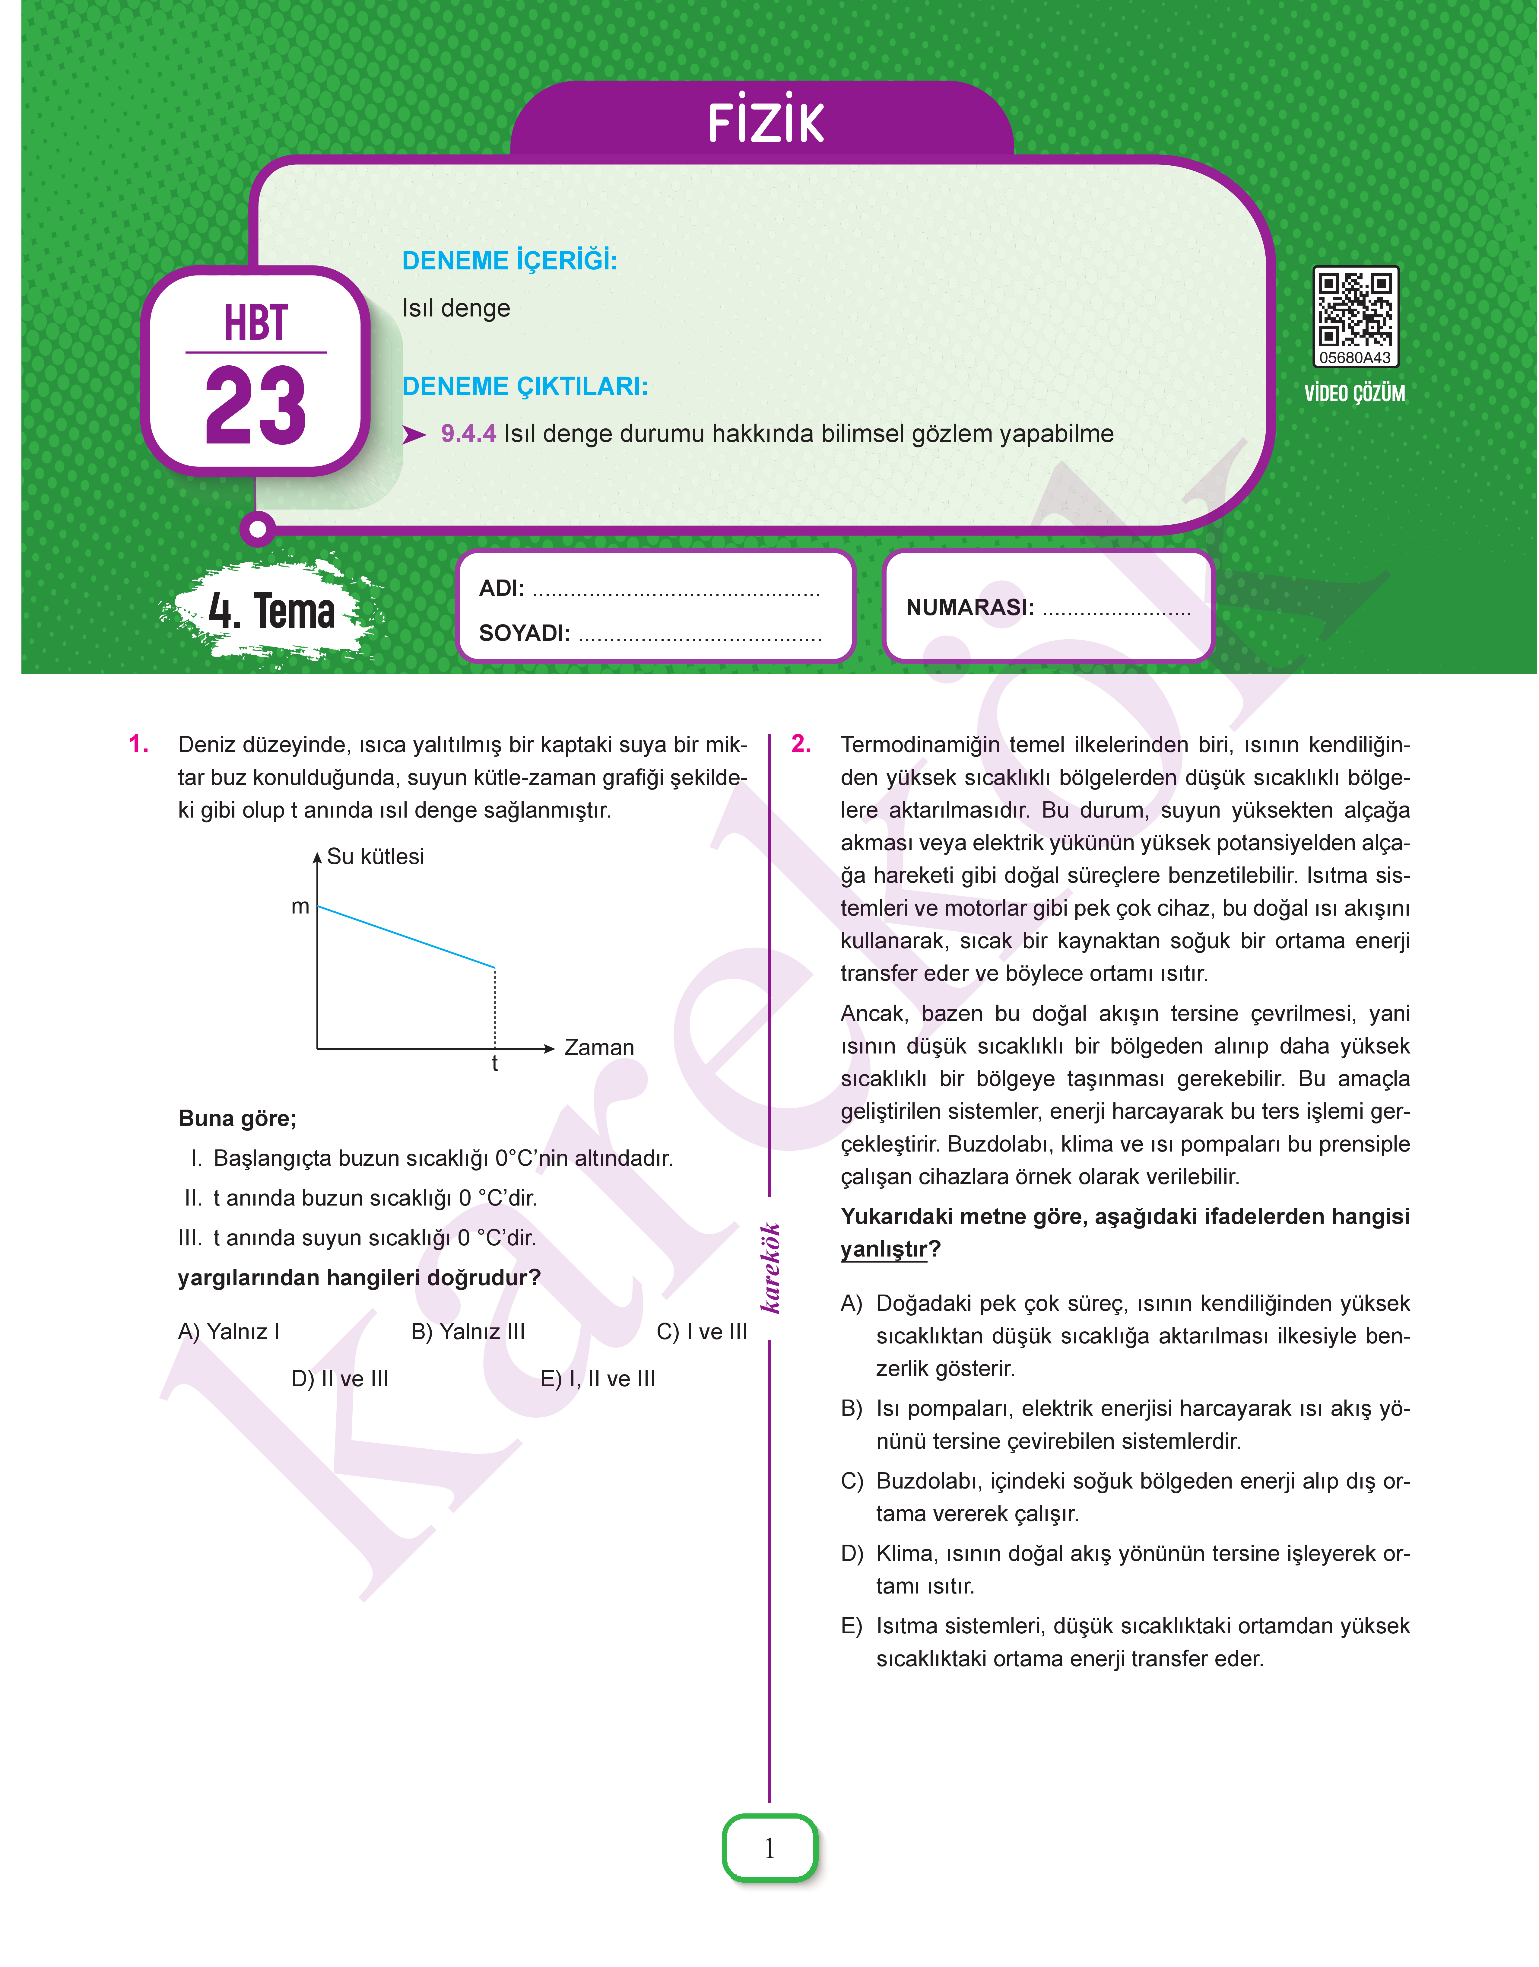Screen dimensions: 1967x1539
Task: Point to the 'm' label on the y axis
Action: [300, 907]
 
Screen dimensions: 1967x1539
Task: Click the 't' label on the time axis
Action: [495, 1064]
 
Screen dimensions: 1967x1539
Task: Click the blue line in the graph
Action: [405, 937]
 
